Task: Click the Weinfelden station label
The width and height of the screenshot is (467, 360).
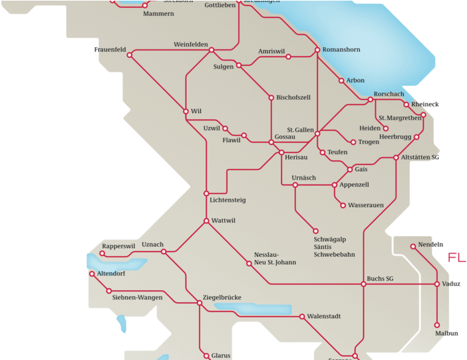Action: pos(192,44)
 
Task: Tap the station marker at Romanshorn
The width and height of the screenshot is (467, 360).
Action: pos(317,50)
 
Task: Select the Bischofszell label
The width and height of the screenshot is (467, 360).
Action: pos(293,97)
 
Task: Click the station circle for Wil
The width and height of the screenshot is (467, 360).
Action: pos(186,111)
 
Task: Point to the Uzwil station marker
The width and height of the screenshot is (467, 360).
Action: pos(226,128)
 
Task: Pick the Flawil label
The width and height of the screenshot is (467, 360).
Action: pos(232,141)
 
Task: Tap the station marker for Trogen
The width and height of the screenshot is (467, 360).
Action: pos(353,142)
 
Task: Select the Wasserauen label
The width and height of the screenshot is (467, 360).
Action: pos(366,205)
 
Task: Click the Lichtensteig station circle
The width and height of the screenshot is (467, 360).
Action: pos(206,193)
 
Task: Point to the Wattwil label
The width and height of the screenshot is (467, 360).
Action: pos(224,220)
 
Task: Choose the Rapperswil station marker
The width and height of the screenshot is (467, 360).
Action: pos(102,254)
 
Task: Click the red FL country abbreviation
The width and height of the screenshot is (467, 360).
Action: pos(456,258)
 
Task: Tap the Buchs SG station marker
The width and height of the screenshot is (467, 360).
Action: pos(364,284)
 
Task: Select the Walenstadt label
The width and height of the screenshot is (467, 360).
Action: pos(324,317)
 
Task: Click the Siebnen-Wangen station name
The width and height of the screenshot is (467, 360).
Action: pos(137,297)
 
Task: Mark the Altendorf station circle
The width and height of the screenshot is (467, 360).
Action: pos(91,273)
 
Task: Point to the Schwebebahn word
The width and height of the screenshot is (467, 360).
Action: pos(334,254)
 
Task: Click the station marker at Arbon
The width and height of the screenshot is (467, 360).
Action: pos(342,81)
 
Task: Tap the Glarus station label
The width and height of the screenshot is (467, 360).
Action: pos(221,356)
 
